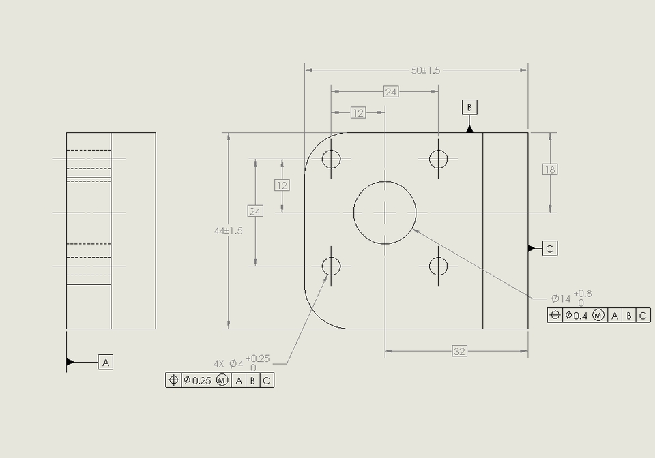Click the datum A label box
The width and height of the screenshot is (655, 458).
pyautogui.click(x=106, y=362)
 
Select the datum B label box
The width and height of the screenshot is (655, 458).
pyautogui.click(x=469, y=107)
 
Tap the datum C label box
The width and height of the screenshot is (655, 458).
pyautogui.click(x=550, y=249)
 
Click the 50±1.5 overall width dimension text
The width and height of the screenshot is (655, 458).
pyautogui.click(x=426, y=70)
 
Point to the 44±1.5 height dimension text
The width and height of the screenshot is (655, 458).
pyautogui.click(x=228, y=231)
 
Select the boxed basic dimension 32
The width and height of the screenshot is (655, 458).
pyautogui.click(x=459, y=351)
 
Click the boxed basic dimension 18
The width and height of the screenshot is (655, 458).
pyautogui.click(x=550, y=170)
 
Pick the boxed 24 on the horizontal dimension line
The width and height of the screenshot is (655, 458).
pyautogui.click(x=390, y=92)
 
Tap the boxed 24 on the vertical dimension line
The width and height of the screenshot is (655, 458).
pyautogui.click(x=254, y=211)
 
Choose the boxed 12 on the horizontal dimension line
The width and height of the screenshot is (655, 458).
pyautogui.click(x=358, y=112)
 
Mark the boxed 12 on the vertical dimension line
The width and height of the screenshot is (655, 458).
pyautogui.click(x=282, y=185)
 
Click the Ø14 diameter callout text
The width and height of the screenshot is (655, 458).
pyautogui.click(x=561, y=299)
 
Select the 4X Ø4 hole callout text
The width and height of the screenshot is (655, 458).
pyautogui.click(x=228, y=364)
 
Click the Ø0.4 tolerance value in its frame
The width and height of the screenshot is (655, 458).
pyautogui.click(x=577, y=315)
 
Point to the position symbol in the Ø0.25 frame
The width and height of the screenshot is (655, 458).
pyautogui.click(x=173, y=380)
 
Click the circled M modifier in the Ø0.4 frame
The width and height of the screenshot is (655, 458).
pyautogui.click(x=598, y=315)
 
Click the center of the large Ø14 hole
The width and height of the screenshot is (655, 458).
pyautogui.click(x=385, y=213)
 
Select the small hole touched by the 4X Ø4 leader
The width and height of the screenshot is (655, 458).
pyautogui.click(x=331, y=266)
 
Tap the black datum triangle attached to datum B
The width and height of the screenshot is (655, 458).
pyautogui.click(x=469, y=128)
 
